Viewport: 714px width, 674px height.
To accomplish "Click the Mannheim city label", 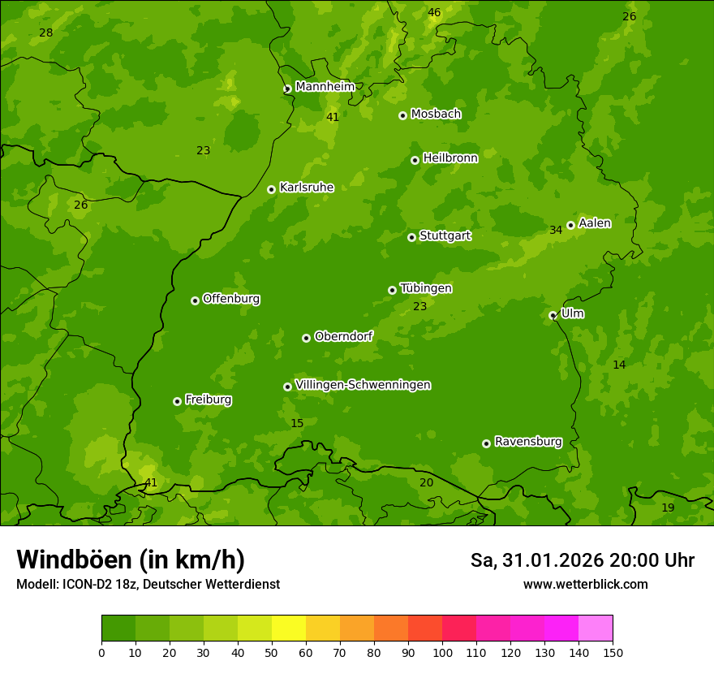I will (x=325, y=86).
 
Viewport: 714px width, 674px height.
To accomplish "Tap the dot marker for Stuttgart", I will (x=411, y=237).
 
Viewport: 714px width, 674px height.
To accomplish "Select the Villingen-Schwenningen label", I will (x=363, y=385).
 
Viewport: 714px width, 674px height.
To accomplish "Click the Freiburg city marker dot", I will (x=177, y=401).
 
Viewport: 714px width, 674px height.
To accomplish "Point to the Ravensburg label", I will (x=527, y=442).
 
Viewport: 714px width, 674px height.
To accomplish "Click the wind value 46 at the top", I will (x=434, y=12).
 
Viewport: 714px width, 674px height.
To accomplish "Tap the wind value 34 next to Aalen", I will (x=556, y=230).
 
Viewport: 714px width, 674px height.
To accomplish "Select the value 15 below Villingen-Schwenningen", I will (x=297, y=423).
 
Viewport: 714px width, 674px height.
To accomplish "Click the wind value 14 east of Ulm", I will (x=619, y=365).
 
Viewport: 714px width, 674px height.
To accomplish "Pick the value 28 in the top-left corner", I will (x=45, y=32).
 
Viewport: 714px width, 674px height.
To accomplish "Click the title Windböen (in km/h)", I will (x=131, y=560).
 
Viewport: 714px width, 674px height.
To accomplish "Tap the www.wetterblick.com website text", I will (x=585, y=584).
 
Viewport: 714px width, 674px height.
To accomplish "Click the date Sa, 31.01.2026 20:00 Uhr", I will (x=582, y=560).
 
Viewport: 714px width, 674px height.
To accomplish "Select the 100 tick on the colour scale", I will (x=442, y=651).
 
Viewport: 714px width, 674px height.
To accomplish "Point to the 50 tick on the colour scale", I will (x=272, y=651).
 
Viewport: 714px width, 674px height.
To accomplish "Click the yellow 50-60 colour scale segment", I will (x=289, y=629).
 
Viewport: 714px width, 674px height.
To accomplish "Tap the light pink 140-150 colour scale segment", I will (x=596, y=629).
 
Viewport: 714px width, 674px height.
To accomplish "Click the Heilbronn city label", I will (x=450, y=158).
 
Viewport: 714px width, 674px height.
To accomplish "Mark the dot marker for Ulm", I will (x=553, y=315).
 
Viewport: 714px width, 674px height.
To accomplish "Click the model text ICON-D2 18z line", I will (x=148, y=584).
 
